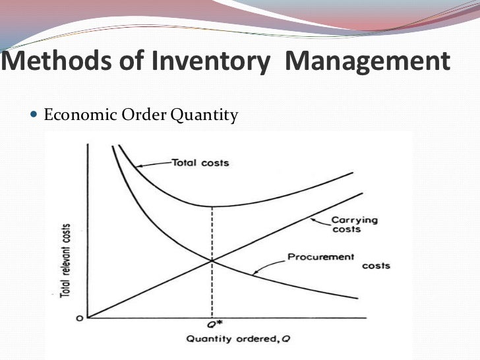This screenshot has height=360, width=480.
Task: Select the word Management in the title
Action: coord(369,63)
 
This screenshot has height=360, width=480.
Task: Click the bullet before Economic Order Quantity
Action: coord(35,116)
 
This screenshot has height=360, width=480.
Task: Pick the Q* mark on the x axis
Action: coord(212,326)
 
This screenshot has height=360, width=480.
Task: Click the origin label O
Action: coord(78,317)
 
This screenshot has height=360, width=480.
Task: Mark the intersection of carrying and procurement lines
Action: coord(212,261)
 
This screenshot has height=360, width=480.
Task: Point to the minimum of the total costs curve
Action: coord(212,206)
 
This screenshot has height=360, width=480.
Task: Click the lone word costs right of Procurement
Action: coord(376,266)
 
